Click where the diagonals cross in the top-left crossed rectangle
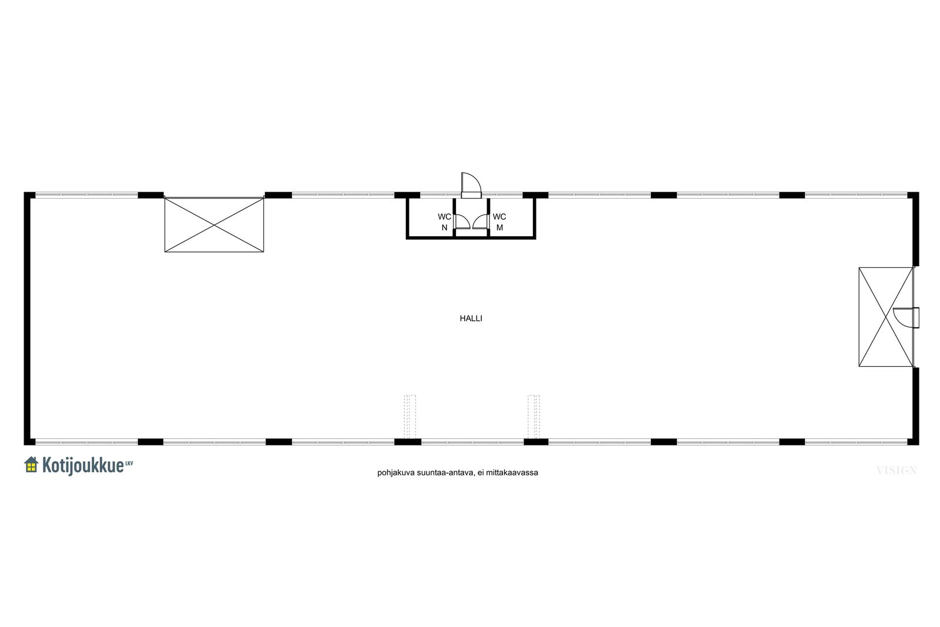click(214, 225)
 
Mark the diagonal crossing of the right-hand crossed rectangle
click(887, 317)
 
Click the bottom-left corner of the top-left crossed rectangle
click(164, 252)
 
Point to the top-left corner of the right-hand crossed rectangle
click(859, 268)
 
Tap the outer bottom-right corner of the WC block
click(536, 239)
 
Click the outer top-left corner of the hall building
click(24, 192)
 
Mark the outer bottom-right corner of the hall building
click(919, 445)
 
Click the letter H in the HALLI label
click(462, 318)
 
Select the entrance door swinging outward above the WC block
click(471, 185)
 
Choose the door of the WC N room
click(462, 222)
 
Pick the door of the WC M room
click(481, 222)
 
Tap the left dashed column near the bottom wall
click(410, 417)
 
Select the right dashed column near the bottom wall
click(534, 417)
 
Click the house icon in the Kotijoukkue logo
click(32, 465)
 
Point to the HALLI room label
click(471, 318)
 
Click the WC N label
click(444, 222)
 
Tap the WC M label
click(499, 222)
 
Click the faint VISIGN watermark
click(897, 471)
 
